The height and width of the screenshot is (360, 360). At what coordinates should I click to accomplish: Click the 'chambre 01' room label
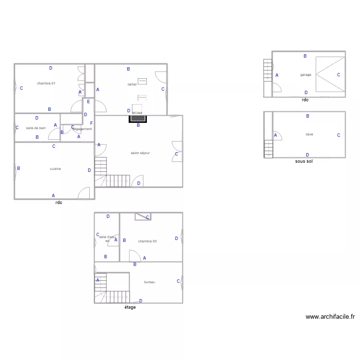point(46,84)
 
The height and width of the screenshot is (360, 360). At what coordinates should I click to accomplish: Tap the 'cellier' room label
point(132,84)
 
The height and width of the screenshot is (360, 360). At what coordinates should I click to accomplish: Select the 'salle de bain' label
point(36,128)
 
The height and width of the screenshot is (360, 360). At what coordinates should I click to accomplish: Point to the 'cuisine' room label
point(55,169)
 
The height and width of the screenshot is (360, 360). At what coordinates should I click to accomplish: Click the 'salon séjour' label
point(140,153)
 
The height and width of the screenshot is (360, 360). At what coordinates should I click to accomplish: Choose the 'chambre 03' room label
point(147,241)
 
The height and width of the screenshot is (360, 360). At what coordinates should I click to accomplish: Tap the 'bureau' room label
point(149,282)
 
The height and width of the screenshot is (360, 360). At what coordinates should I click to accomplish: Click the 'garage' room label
point(305,75)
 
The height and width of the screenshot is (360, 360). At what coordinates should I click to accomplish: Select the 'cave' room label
point(309,134)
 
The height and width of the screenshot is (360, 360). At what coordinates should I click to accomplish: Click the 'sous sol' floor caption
point(304,162)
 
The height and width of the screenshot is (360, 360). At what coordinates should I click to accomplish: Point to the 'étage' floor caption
point(130,307)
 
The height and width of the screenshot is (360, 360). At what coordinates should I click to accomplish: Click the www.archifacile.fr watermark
point(330,317)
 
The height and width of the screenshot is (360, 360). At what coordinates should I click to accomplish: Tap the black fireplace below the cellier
point(138,118)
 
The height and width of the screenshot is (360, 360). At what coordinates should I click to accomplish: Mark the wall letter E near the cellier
point(89,102)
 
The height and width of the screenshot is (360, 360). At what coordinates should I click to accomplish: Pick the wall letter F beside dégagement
point(91,123)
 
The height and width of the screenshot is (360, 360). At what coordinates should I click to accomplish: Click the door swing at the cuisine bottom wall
point(84,193)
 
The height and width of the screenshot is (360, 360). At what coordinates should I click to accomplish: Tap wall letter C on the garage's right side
point(338,75)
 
